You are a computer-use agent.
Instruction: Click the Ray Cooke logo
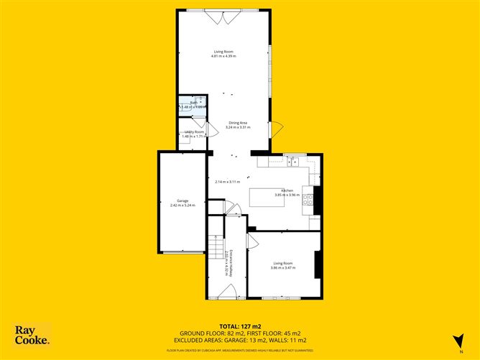point(32,335)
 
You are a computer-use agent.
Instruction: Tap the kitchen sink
point(293,162)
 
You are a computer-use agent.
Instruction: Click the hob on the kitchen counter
point(308,195)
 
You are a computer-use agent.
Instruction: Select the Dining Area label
point(239,123)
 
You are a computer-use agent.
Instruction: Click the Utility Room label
point(194,132)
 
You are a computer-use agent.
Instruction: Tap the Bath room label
point(193,103)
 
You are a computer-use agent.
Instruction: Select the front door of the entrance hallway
point(229,292)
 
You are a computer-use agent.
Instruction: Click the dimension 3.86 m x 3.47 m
point(283,268)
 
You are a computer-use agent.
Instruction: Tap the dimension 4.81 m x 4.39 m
point(223,56)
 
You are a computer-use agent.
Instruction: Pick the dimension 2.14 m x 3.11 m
point(227,181)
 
